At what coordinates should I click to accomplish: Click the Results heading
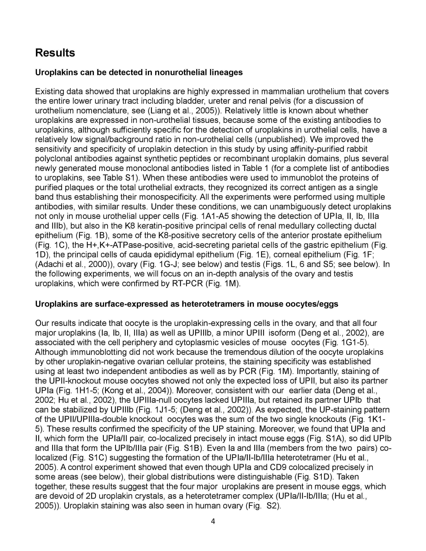click(x=55, y=53)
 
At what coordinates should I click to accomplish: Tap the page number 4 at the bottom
click(x=213, y=521)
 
